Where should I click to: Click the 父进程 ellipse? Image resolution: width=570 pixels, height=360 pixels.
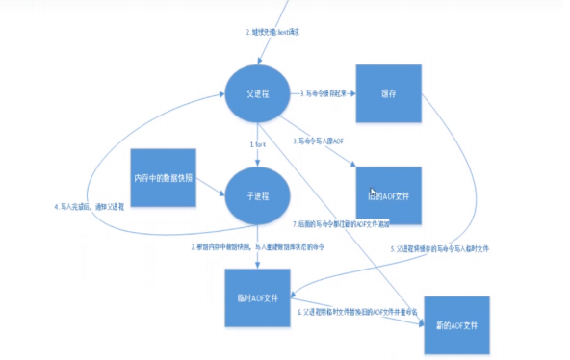tap(256, 94)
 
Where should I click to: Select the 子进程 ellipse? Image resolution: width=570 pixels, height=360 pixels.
tap(256, 192)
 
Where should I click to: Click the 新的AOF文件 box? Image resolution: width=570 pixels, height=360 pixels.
tap(453, 324)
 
